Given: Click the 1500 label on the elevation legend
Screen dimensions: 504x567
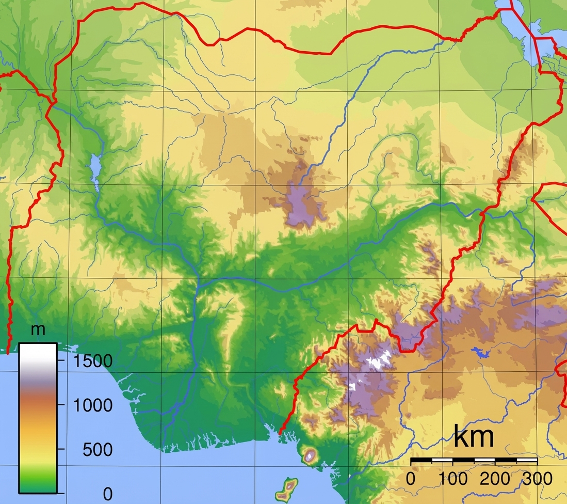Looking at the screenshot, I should click(93, 360).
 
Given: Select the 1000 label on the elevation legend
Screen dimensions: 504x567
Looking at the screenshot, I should click(93, 405).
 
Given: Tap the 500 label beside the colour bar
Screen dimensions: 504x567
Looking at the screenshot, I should click(98, 449).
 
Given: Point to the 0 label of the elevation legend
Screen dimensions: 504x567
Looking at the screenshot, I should click(107, 494).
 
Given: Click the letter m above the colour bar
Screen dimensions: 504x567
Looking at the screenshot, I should click(38, 331).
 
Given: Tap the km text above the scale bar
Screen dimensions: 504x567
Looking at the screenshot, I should click(474, 437).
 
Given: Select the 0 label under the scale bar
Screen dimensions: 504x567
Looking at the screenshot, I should click(411, 478).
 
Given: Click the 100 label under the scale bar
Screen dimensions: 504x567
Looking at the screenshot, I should click(453, 478).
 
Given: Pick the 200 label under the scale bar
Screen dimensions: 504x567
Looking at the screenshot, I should click(495, 478).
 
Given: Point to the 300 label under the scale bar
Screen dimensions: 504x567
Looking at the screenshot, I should click(538, 478).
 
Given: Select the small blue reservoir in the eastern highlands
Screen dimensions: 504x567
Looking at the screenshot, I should click(480, 353).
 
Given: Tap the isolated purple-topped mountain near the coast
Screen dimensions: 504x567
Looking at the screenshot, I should click(310, 455).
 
